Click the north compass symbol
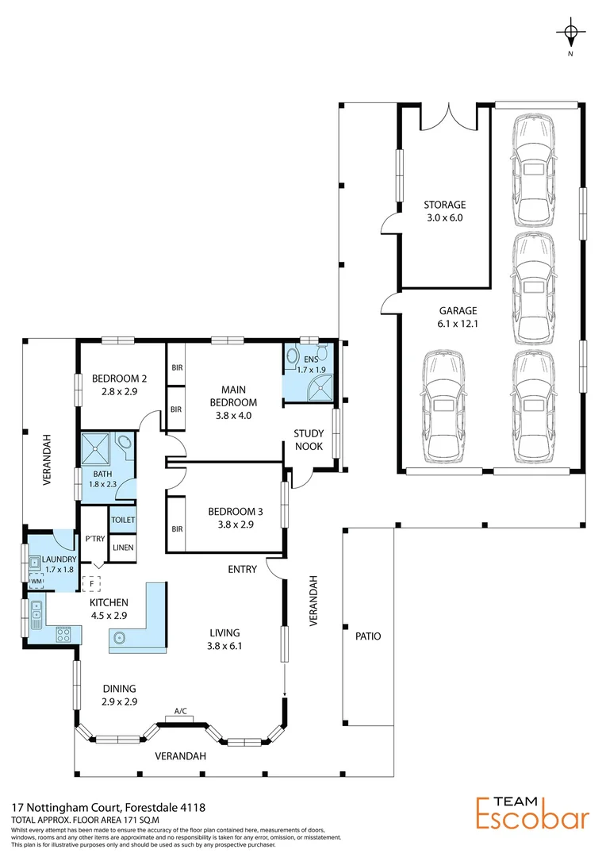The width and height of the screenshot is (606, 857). (x=570, y=33)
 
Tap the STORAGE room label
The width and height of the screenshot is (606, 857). (x=443, y=205)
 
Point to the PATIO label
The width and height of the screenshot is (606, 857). (x=369, y=636)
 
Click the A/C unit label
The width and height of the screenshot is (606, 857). (x=181, y=711)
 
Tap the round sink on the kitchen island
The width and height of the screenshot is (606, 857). (x=121, y=636)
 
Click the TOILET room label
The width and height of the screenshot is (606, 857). (x=123, y=520)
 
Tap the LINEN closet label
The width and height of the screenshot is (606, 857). (x=123, y=548)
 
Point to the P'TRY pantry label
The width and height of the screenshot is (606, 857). (x=94, y=539)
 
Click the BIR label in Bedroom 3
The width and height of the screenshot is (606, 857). (x=177, y=528)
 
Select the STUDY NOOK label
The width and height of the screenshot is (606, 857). (x=309, y=440)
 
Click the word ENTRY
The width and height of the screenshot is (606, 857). (x=242, y=569)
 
